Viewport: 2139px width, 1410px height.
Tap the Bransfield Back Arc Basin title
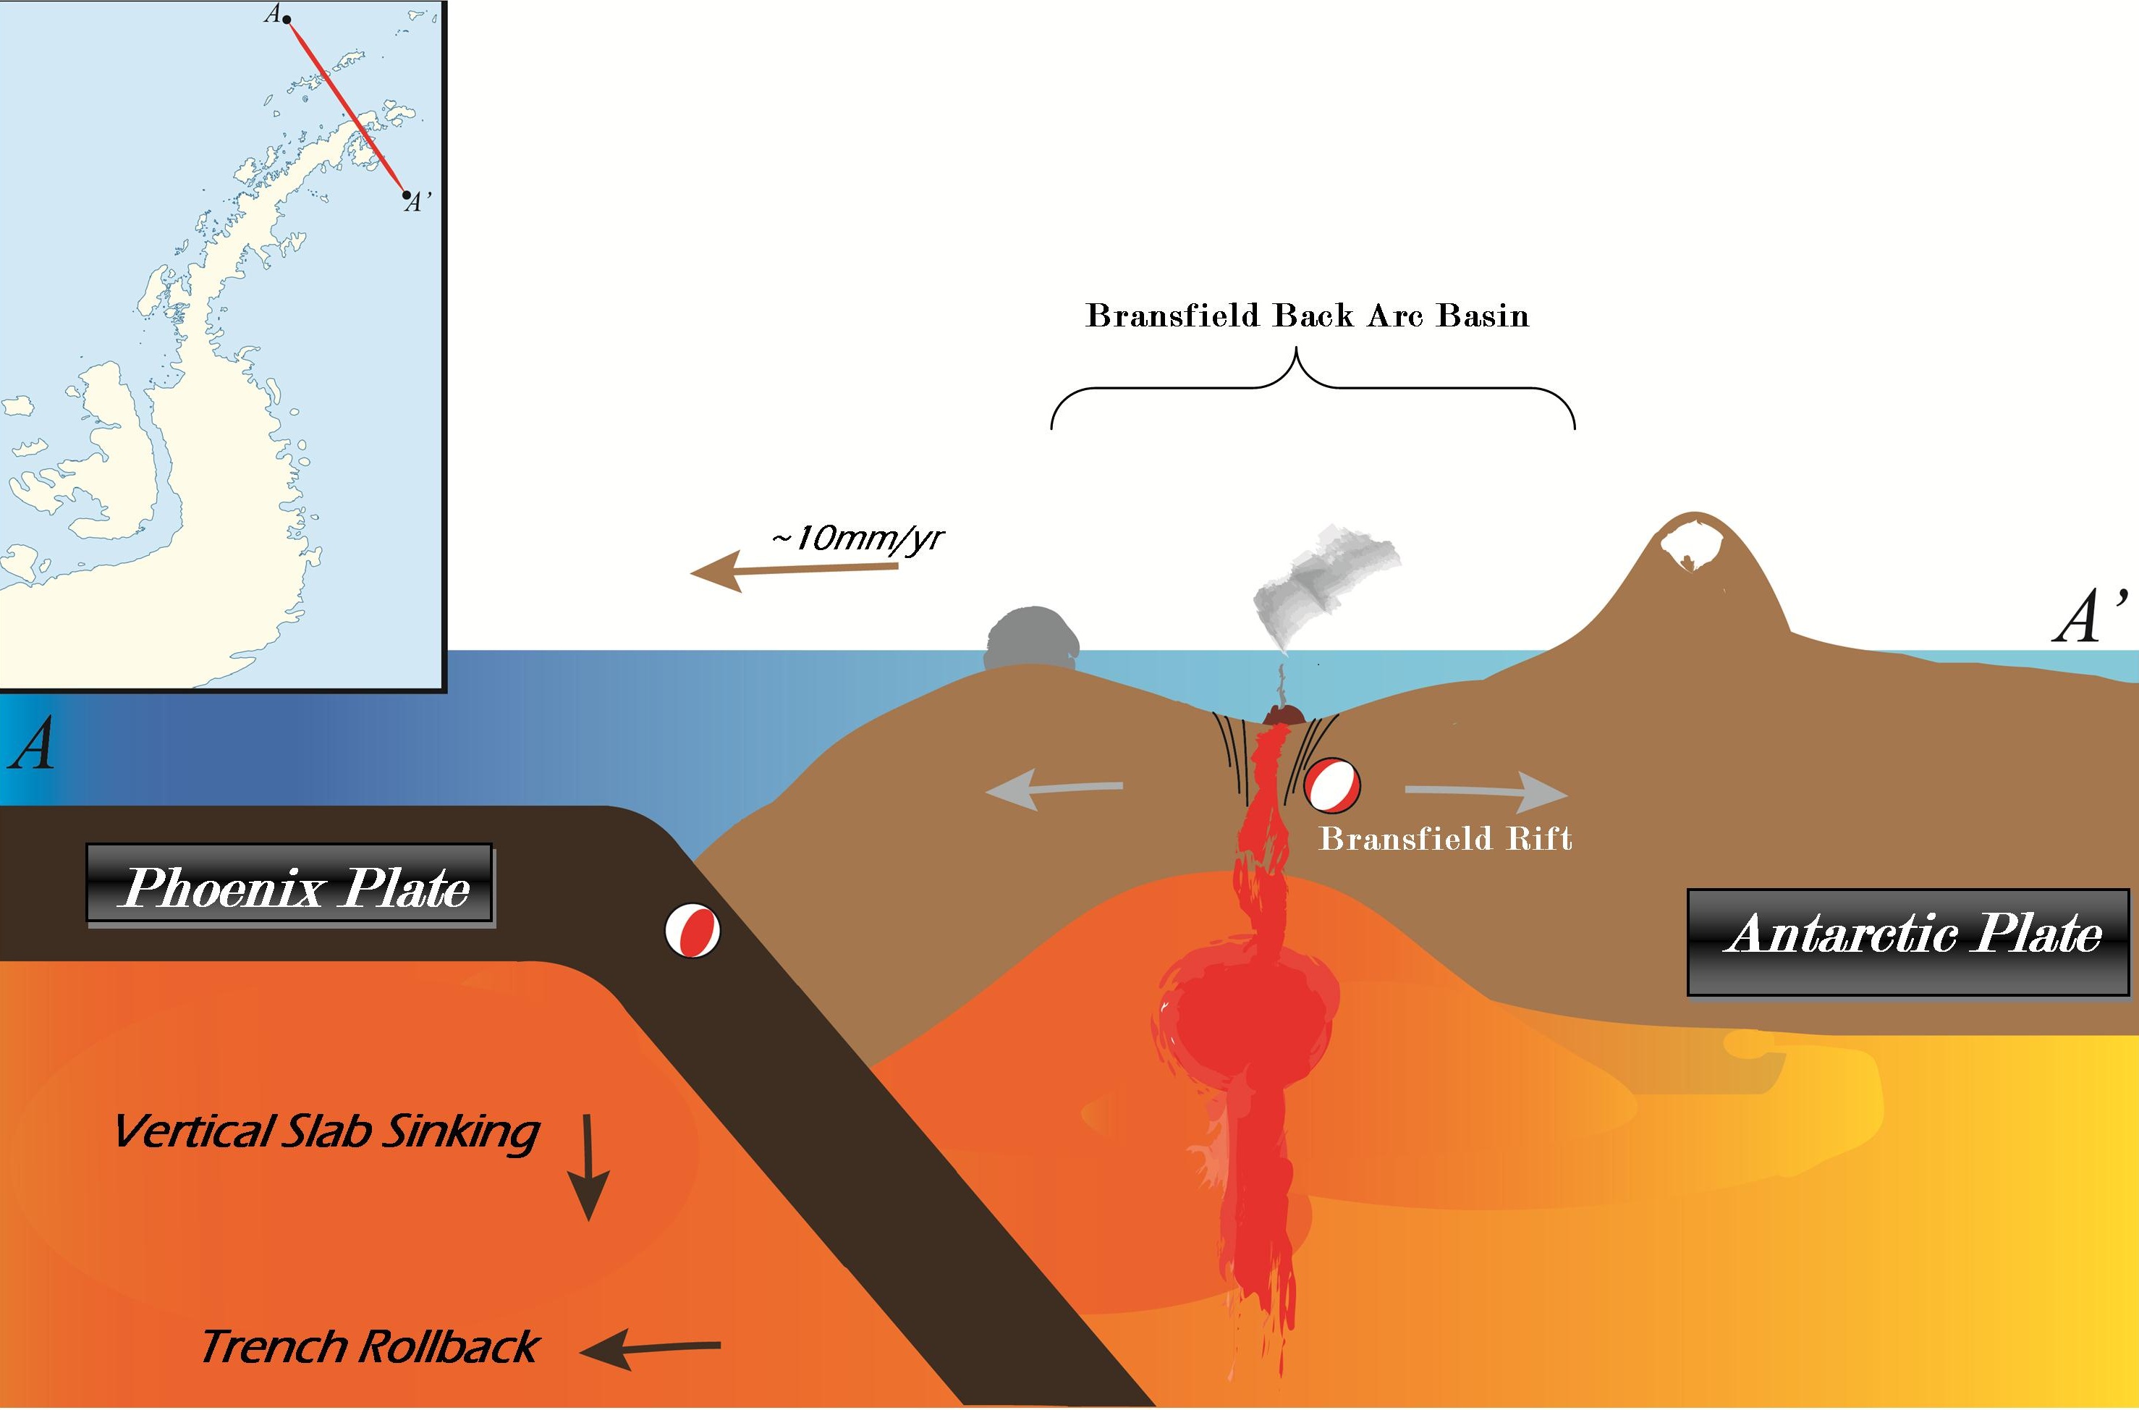point(1308,316)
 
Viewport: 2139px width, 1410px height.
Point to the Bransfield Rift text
point(1445,839)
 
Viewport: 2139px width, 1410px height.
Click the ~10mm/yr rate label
point(857,539)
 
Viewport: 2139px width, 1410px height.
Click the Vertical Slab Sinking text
point(326,1131)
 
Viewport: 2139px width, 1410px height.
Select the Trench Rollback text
point(369,1346)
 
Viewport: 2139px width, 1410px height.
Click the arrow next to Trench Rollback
point(651,1349)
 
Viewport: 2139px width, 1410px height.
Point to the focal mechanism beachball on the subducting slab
point(692,932)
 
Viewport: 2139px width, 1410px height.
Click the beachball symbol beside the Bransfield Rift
point(1333,783)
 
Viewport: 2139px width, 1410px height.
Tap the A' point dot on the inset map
point(406,194)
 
